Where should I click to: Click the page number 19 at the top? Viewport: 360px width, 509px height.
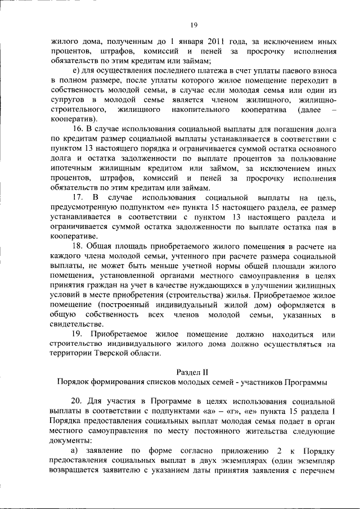pos(193,25)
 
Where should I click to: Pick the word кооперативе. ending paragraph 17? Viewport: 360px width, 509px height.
pos(74,237)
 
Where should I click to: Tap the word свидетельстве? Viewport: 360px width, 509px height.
pos(78,325)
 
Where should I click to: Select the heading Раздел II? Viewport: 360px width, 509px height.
pos(192,373)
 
